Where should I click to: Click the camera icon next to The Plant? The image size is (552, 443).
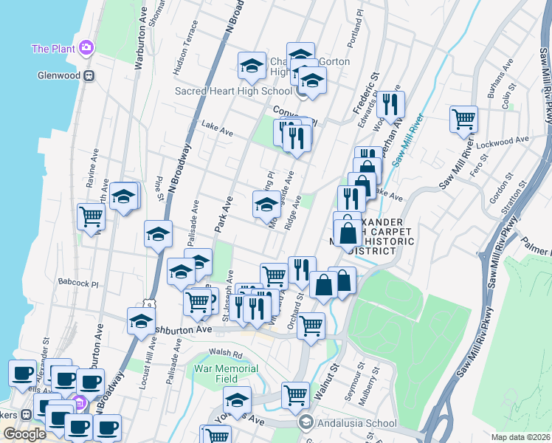pos(87,48)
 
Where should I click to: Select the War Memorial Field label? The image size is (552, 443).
pos(227,374)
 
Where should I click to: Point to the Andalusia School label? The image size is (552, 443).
pos(355,424)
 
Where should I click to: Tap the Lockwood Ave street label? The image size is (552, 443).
pos(510,140)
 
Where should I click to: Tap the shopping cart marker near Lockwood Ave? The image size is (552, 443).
pos(463,117)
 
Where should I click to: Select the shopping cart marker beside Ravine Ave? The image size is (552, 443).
pos(91,216)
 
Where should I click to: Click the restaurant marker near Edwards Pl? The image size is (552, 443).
pos(390,104)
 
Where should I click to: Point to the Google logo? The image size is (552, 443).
pos(24,434)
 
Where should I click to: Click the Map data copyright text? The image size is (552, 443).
pos(519,437)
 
